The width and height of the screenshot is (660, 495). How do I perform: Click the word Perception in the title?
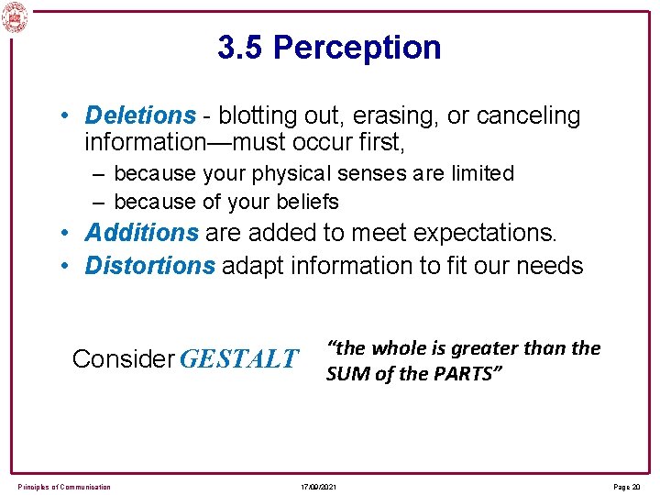[x=357, y=48]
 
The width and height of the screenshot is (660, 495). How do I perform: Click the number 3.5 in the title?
[x=241, y=48]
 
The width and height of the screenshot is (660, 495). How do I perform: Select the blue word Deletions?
[x=140, y=116]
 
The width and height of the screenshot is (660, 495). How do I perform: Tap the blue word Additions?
[x=141, y=233]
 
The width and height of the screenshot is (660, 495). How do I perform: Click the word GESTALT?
[x=239, y=358]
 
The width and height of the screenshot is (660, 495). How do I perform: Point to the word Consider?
[x=123, y=358]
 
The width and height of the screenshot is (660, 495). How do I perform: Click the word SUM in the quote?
[x=346, y=374]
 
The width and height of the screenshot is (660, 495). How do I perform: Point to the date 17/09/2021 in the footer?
[x=317, y=486]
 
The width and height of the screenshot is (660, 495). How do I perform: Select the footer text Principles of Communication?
[x=64, y=486]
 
